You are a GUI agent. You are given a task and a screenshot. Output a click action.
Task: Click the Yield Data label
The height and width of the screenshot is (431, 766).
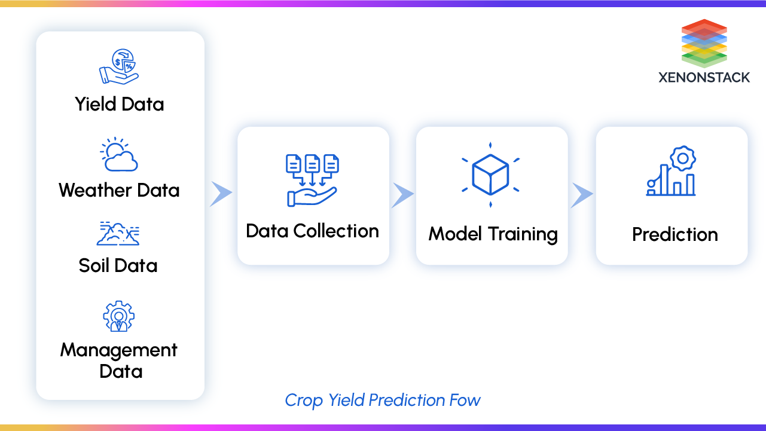pyautogui.click(x=120, y=104)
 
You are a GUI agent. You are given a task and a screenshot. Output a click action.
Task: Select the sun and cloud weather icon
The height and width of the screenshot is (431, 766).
pyautogui.click(x=119, y=155)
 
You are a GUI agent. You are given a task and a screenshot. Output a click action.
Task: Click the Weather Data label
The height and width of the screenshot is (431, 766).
pyautogui.click(x=119, y=191)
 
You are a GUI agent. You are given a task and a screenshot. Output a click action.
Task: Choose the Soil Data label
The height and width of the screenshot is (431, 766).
pyautogui.click(x=118, y=265)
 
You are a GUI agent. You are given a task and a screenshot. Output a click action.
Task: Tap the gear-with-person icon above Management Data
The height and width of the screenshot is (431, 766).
pyautogui.click(x=118, y=316)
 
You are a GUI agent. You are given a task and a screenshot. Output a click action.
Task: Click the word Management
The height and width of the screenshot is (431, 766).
pyautogui.click(x=119, y=350)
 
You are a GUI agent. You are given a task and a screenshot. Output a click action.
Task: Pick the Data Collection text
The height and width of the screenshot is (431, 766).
pyautogui.click(x=312, y=231)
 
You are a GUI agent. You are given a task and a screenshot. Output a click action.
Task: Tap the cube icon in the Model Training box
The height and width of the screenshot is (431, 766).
pyautogui.click(x=490, y=175)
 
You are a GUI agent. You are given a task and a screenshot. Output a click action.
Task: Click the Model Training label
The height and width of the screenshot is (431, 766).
pyautogui.click(x=493, y=234)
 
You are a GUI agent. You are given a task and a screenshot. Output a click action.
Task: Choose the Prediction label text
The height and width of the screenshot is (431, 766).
pyautogui.click(x=675, y=234)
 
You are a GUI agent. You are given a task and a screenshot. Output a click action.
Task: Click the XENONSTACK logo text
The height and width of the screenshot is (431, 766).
pyautogui.click(x=704, y=78)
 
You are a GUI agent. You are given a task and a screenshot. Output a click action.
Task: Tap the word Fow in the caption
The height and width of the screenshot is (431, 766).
pyautogui.click(x=465, y=400)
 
